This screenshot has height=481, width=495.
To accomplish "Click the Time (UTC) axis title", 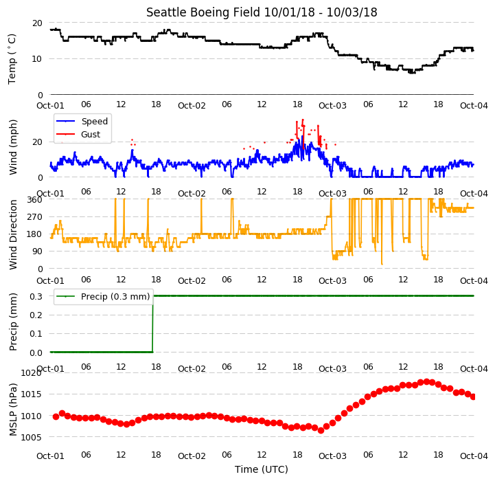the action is pos(262,469).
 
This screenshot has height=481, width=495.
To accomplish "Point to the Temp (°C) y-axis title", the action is pos(12,59).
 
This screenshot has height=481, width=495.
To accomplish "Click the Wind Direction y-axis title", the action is pos(13,235).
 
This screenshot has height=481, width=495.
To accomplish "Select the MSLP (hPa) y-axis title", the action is pos(13,410).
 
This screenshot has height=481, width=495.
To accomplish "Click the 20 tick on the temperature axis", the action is pos(37,23).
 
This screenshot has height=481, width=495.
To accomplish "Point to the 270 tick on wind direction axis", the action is pos(34,217).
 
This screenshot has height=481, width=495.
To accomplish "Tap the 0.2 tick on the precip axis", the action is pos(36,315).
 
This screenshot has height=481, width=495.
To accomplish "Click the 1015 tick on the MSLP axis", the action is pos(32,394).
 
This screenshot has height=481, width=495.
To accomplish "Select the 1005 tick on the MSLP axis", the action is pos(32,438).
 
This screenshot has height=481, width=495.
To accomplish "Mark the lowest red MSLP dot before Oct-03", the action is pos(321,430).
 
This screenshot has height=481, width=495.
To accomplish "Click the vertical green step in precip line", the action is pos(153,324).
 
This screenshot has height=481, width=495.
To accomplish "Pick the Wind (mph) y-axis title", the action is pos(13,147).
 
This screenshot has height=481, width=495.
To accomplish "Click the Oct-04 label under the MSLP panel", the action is pos(474,456).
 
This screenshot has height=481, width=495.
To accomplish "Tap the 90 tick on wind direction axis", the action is pos(37,251).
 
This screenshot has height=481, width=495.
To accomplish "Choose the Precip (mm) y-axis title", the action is pos(13,322).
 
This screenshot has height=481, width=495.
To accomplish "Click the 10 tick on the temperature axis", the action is pos(37,59).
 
